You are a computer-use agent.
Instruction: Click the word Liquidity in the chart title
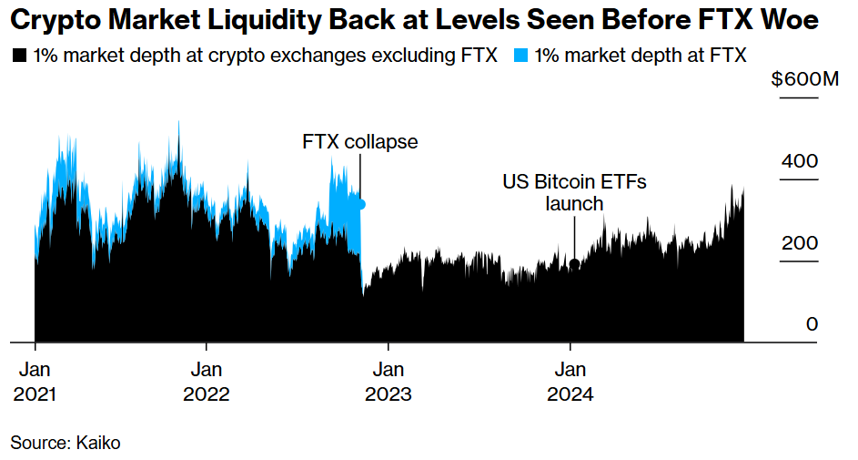[x=235, y=19]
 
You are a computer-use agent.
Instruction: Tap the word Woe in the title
[x=793, y=19]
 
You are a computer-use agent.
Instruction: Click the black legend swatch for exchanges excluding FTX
[x=18, y=56]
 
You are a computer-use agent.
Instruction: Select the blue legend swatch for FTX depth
[x=519, y=56]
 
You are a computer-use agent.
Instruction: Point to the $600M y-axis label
[x=805, y=80]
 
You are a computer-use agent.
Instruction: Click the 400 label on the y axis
[x=799, y=161]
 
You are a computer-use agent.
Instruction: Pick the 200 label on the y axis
[x=799, y=244]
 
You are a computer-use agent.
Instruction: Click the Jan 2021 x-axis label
[x=35, y=383]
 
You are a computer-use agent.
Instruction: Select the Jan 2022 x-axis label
[x=207, y=383]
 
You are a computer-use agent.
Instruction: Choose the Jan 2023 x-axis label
[x=389, y=383]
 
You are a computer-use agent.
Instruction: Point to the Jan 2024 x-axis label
[x=570, y=383]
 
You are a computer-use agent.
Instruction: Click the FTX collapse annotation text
[x=360, y=142]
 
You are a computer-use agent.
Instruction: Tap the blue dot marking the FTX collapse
[x=361, y=205]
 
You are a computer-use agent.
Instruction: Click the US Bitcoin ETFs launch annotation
[x=574, y=192]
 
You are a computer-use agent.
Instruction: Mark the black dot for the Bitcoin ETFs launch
[x=574, y=264]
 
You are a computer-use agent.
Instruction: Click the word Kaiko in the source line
[x=98, y=443]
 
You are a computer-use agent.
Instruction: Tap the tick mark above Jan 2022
[x=207, y=347]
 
